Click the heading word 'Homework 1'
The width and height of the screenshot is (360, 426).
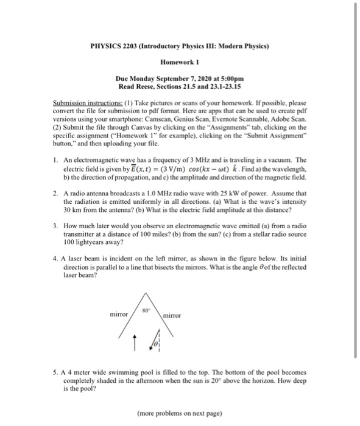pyautogui.click(x=175, y=62)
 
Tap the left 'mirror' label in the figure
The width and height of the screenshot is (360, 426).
pyautogui.click(x=119, y=315)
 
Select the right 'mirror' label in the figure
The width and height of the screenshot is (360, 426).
pyautogui.click(x=174, y=316)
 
